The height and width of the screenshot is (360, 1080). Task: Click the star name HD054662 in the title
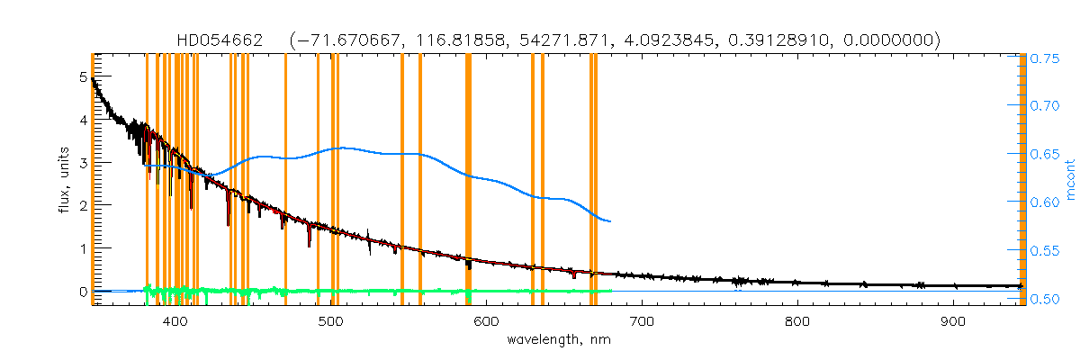pyautogui.click(x=220, y=40)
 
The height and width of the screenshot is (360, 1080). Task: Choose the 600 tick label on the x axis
pyautogui.click(x=486, y=320)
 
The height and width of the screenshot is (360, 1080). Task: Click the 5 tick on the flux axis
pyautogui.click(x=83, y=77)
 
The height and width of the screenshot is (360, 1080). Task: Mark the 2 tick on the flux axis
pyautogui.click(x=83, y=205)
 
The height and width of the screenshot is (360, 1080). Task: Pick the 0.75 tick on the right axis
pyautogui.click(x=1045, y=58)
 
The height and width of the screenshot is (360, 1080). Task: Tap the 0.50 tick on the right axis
pyautogui.click(x=1045, y=298)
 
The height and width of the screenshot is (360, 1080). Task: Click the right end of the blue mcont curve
pyautogui.click(x=611, y=221)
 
